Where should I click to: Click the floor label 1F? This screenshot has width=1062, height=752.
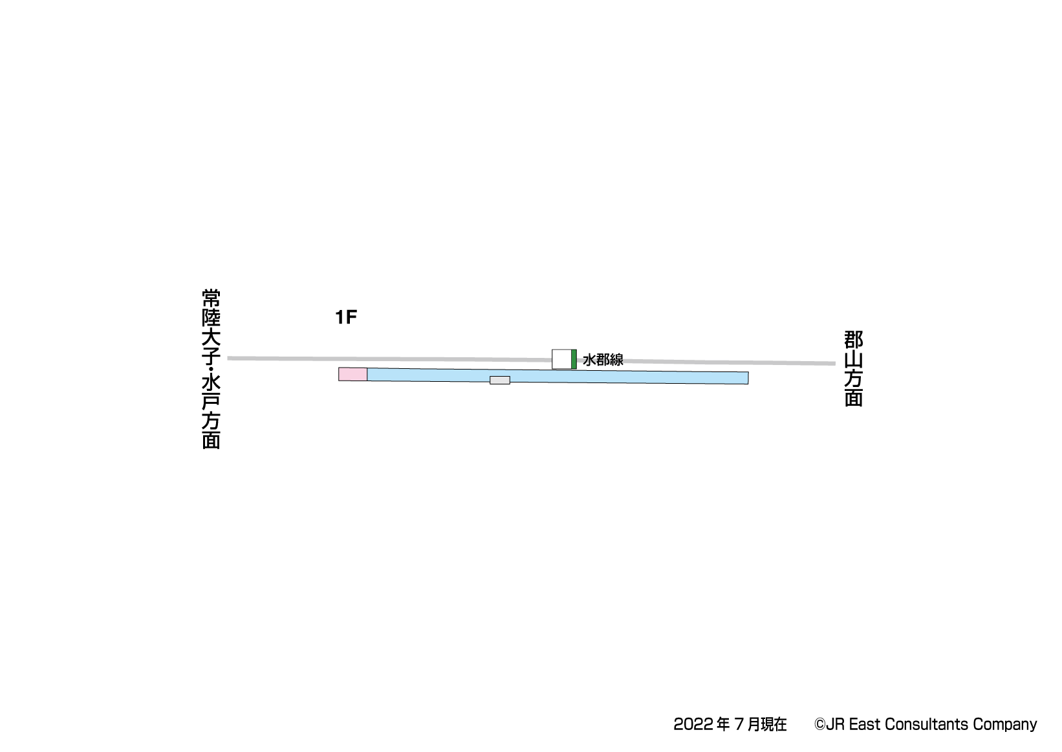346,317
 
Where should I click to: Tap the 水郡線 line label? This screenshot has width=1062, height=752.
603,360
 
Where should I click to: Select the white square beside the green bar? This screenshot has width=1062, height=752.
561,359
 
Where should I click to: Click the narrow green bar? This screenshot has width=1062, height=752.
574,359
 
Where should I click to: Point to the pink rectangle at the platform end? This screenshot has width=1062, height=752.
352,374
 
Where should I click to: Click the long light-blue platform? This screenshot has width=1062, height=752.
558,376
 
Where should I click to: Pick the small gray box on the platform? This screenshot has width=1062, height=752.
500,380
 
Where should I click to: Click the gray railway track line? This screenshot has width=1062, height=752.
532,360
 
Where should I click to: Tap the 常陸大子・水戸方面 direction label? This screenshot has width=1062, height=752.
211,369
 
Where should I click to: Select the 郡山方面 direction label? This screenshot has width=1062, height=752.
853,369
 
